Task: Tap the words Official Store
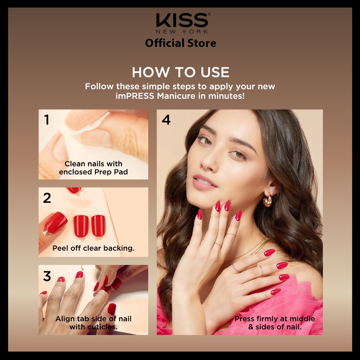[180, 43]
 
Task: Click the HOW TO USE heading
[180, 72]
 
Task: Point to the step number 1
[47, 120]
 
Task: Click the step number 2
[47, 198]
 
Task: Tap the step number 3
[47, 276]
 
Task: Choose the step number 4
[166, 120]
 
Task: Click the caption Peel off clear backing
[93, 248]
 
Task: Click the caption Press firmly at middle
[275, 319]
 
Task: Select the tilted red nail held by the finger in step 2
[56, 223]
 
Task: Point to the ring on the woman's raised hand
[219, 244]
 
